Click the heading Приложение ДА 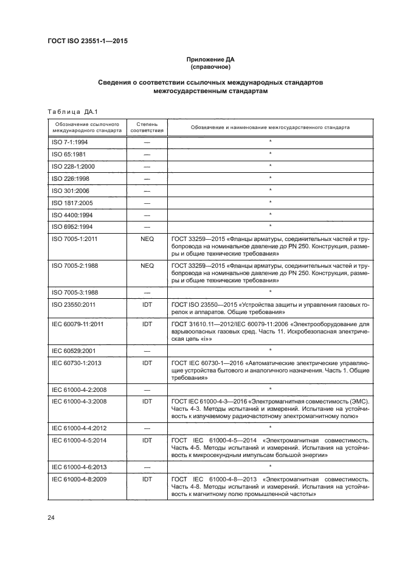pos(210,59)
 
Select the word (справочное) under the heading pos(210,67)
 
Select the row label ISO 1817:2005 pos(71,203)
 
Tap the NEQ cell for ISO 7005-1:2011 pos(147,239)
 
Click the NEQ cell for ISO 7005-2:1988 pos(147,266)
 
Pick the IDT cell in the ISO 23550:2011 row pos(147,304)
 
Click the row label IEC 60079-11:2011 pos(78,324)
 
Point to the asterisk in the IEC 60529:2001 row pos(269,351)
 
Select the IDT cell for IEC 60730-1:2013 pos(147,362)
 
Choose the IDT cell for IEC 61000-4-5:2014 pos(147,439)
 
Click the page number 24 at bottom pos(51,517)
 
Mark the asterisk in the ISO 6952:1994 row pos(269,227)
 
